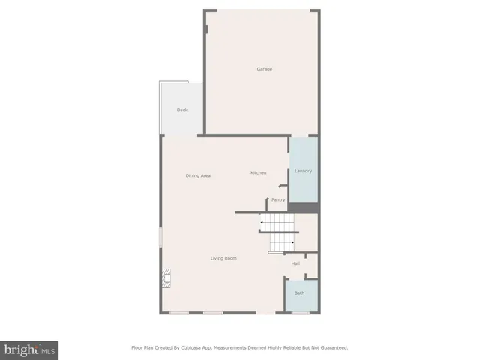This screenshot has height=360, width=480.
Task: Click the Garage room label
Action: click(264, 69)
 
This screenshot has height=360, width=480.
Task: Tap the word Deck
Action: click(181, 109)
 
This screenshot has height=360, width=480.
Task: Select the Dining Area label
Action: click(198, 175)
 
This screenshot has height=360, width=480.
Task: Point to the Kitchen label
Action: click(258, 173)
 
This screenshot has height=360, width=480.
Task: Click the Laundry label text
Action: click(303, 171)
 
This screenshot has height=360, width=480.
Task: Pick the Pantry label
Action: click(278, 199)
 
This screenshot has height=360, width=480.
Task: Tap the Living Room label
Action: click(223, 258)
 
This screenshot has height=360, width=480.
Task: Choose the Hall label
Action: click(295, 263)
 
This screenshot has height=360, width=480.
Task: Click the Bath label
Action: click(299, 292)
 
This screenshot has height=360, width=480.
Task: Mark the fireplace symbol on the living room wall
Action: click(166, 279)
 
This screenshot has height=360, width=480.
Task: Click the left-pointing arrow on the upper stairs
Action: click(262, 222)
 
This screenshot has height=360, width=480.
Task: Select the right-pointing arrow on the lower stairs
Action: click(292, 242)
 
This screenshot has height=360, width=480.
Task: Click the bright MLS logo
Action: click(29, 349)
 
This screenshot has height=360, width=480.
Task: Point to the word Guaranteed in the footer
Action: click(332, 347)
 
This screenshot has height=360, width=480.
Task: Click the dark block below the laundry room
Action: click(304, 208)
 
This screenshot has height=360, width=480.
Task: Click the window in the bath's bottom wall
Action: click(300, 313)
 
